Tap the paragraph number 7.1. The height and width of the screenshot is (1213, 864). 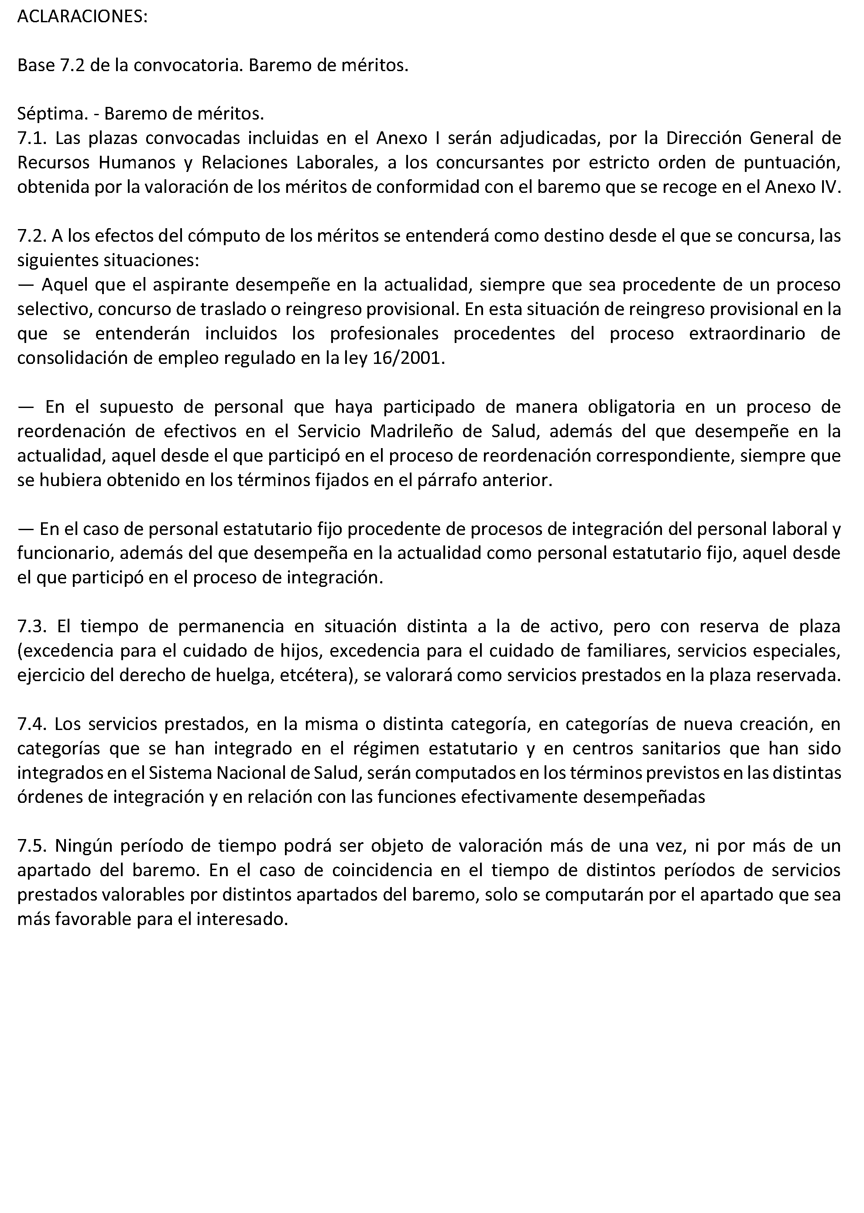(x=31, y=138)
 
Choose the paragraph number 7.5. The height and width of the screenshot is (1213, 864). (x=31, y=846)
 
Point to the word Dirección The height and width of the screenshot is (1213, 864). (x=703, y=138)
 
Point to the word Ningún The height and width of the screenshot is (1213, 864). (x=79, y=846)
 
